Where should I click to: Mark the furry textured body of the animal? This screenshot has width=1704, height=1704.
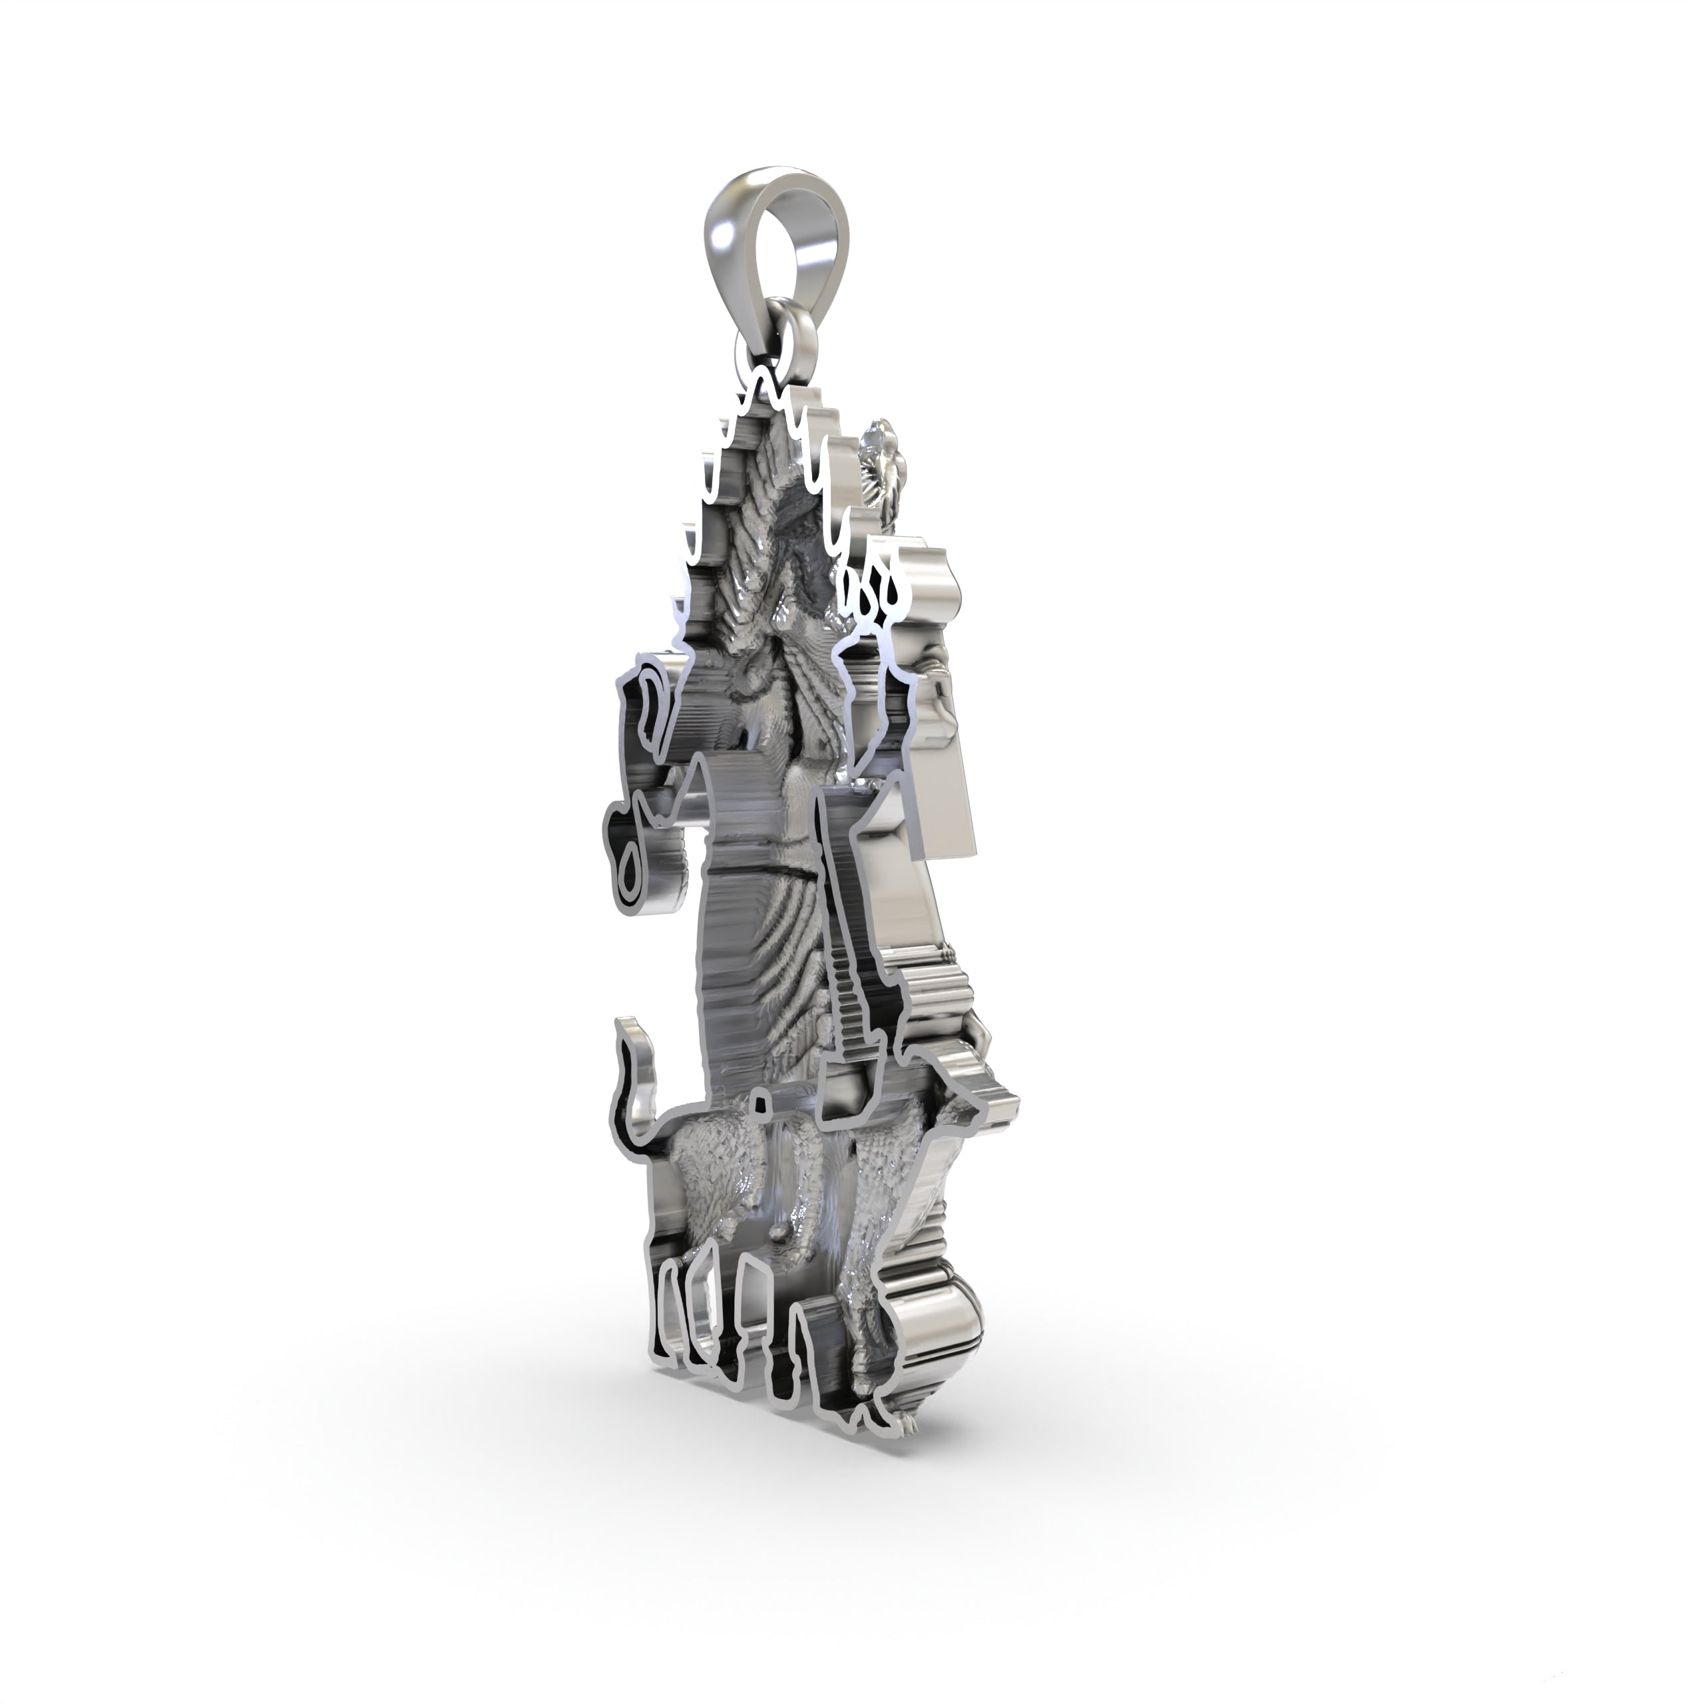tap(706, 1173)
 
